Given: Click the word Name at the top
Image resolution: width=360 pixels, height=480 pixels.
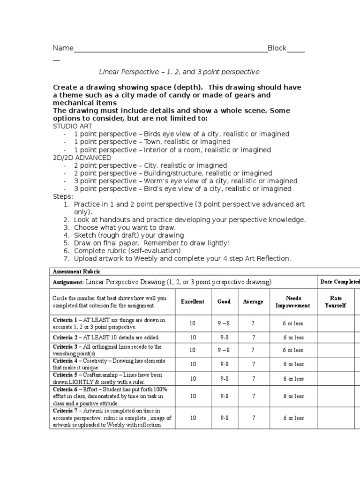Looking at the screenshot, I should pyautogui.click(x=63, y=48).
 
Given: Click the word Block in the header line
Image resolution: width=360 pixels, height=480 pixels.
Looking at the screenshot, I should pyautogui.click(x=277, y=48).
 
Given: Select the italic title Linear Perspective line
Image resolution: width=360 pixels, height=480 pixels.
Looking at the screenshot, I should pyautogui.click(x=179, y=72).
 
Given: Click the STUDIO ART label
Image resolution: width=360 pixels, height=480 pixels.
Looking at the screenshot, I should pyautogui.click(x=72, y=126).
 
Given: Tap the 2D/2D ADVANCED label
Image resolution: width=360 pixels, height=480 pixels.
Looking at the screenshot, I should pyautogui.click(x=82, y=157).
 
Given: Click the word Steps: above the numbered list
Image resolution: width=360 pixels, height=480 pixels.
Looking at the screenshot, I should pyautogui.click(x=63, y=196).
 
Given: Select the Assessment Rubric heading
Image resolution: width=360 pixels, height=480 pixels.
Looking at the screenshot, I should pyautogui.click(x=77, y=272).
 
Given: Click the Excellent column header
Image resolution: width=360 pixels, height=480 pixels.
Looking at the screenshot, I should pyautogui.click(x=193, y=301).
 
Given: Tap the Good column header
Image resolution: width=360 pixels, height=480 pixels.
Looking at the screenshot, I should pyautogui.click(x=224, y=301).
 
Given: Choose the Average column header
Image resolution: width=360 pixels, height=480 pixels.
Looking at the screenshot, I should pyautogui.click(x=253, y=301).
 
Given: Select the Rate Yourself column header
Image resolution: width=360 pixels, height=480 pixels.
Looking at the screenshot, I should pyautogui.click(x=336, y=301).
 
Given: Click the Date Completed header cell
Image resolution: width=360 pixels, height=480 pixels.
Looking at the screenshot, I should pyautogui.click(x=340, y=282).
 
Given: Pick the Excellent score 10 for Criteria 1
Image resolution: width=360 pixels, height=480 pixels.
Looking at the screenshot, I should pyautogui.click(x=193, y=323).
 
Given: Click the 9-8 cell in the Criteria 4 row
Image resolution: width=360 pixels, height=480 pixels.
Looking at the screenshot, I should pyautogui.click(x=224, y=364).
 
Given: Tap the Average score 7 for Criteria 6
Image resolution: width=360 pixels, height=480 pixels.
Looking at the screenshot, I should pyautogui.click(x=254, y=396).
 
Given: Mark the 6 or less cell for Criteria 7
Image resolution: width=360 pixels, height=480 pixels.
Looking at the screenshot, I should pyautogui.click(x=293, y=418).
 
